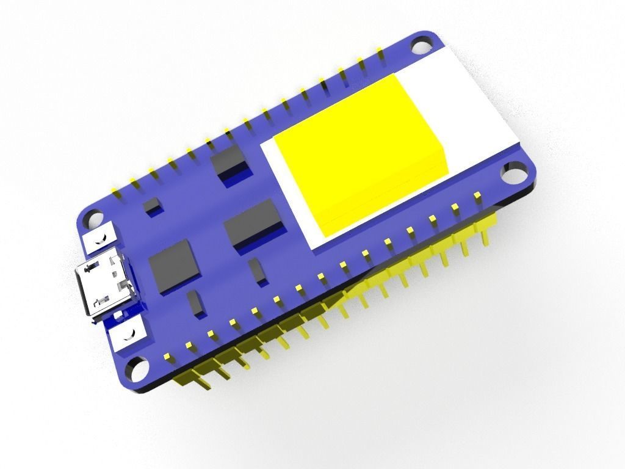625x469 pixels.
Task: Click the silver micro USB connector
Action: (x=104, y=286)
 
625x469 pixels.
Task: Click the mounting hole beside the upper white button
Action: (x=93, y=218)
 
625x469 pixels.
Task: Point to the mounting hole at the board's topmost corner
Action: (x=420, y=46)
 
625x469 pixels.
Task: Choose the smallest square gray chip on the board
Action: (x=152, y=205)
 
